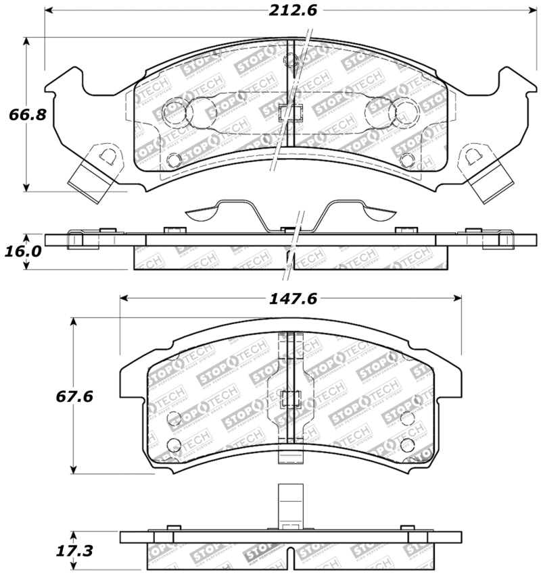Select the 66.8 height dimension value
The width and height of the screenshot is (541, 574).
pyautogui.click(x=28, y=114)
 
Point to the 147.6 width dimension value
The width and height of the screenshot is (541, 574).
pyautogui.click(x=292, y=298)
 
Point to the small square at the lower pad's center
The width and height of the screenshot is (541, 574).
pyautogui.click(x=291, y=399)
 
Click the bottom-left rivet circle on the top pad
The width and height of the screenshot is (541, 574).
pyautogui.click(x=174, y=160)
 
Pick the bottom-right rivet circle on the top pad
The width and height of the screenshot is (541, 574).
pyautogui.click(x=406, y=160)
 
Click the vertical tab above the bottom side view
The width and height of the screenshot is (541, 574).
pyautogui.click(x=291, y=506)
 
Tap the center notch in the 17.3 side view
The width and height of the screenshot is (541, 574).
pyautogui.click(x=291, y=555)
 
